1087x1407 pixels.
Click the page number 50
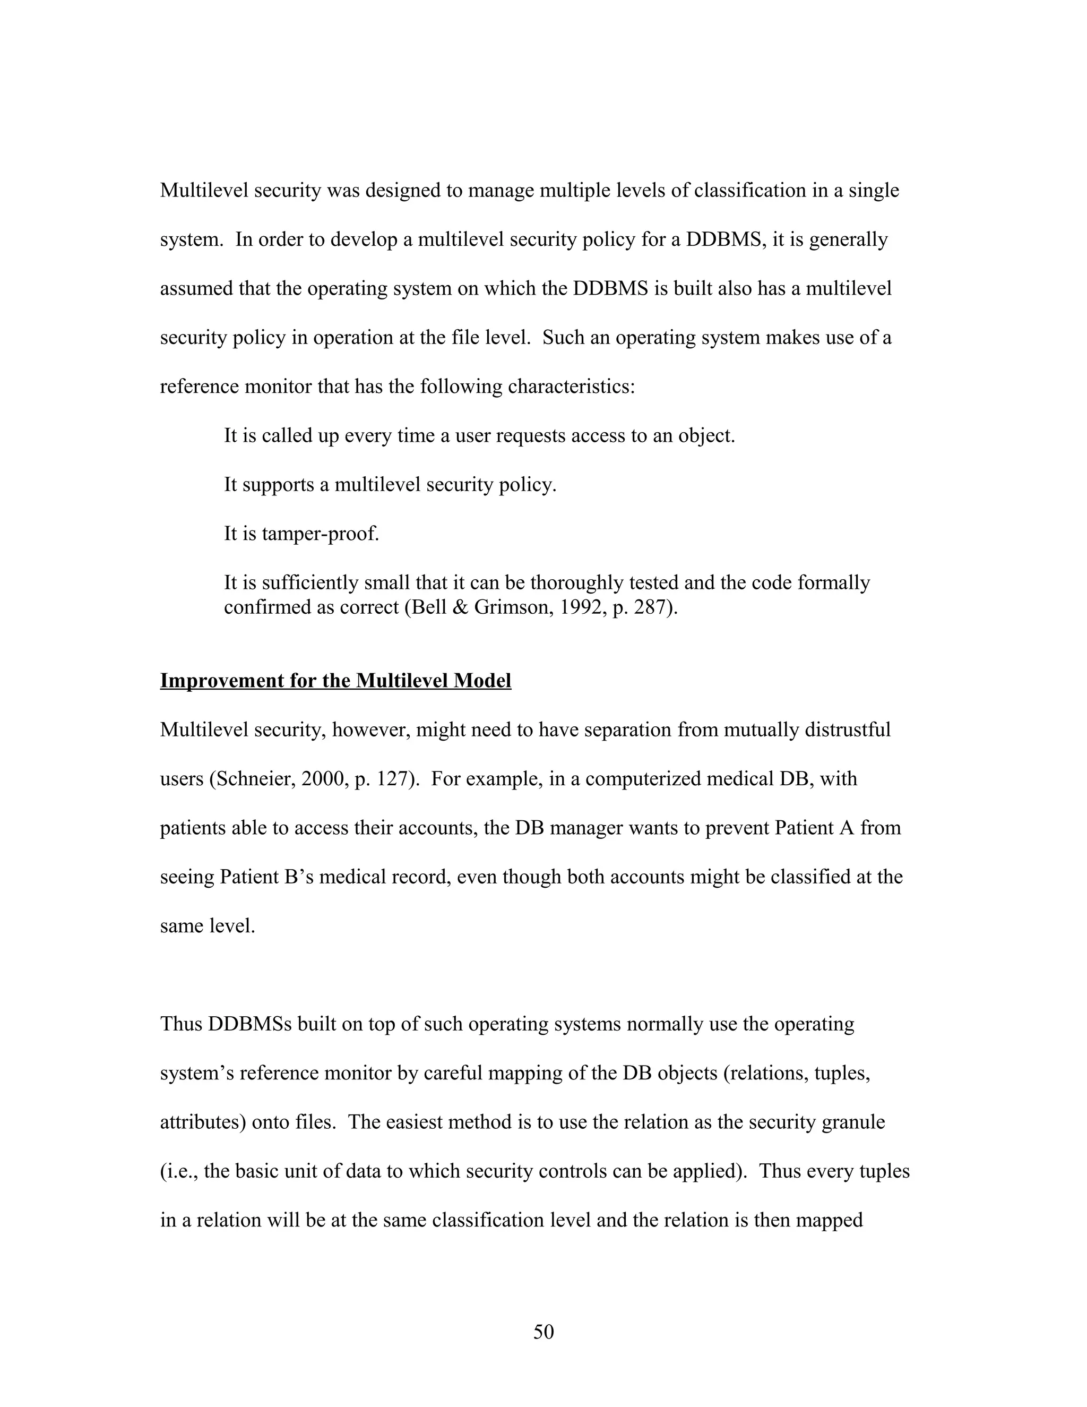coord(543,1332)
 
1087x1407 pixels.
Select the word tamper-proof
coord(320,534)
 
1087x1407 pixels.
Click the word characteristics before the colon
coord(571,387)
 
